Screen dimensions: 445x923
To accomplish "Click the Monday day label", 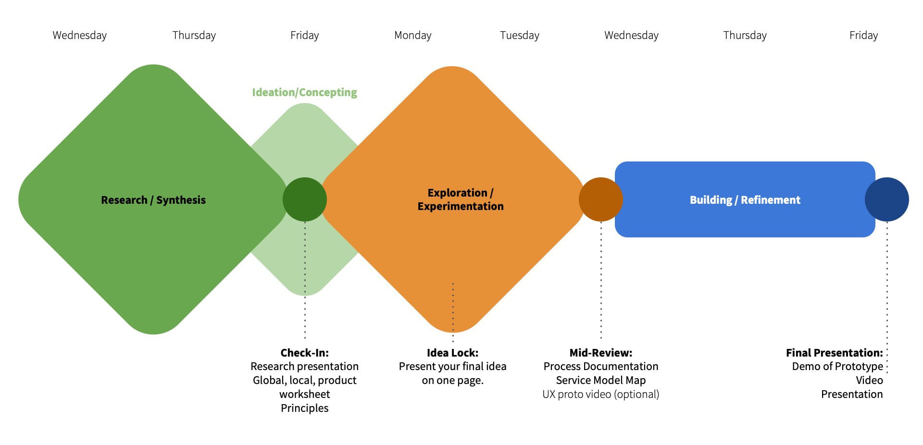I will pos(412,35).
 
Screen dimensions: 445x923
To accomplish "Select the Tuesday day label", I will pos(519,35).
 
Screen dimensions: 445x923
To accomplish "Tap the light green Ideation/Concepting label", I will pos(304,92).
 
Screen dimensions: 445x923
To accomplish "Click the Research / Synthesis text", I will pos(153,200).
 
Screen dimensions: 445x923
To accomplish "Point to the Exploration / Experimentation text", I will pos(460,199).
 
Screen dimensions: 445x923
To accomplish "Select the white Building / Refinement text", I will pos(745,200).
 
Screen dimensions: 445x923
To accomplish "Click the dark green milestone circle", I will pos(304,199).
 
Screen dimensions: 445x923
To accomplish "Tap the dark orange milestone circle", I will pos(600,199).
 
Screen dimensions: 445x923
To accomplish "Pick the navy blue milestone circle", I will pos(886,199).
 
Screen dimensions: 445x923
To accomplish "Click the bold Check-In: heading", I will pos(304,353).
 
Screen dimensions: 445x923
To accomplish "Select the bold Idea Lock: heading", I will pos(452,353).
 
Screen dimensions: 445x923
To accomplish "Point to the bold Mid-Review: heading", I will pos(600,353).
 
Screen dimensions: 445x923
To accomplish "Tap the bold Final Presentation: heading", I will pos(834,353).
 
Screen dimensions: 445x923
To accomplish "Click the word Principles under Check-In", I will pos(304,408).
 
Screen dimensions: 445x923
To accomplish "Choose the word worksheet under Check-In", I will pos(304,394).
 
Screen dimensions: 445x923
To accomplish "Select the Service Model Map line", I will pos(600,380).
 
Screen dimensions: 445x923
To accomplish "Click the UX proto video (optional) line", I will pos(600,394).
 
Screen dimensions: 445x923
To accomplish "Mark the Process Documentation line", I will pos(600,366).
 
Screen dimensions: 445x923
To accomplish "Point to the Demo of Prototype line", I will pos(837,366).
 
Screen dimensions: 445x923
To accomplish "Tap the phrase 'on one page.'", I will pos(452,380).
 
